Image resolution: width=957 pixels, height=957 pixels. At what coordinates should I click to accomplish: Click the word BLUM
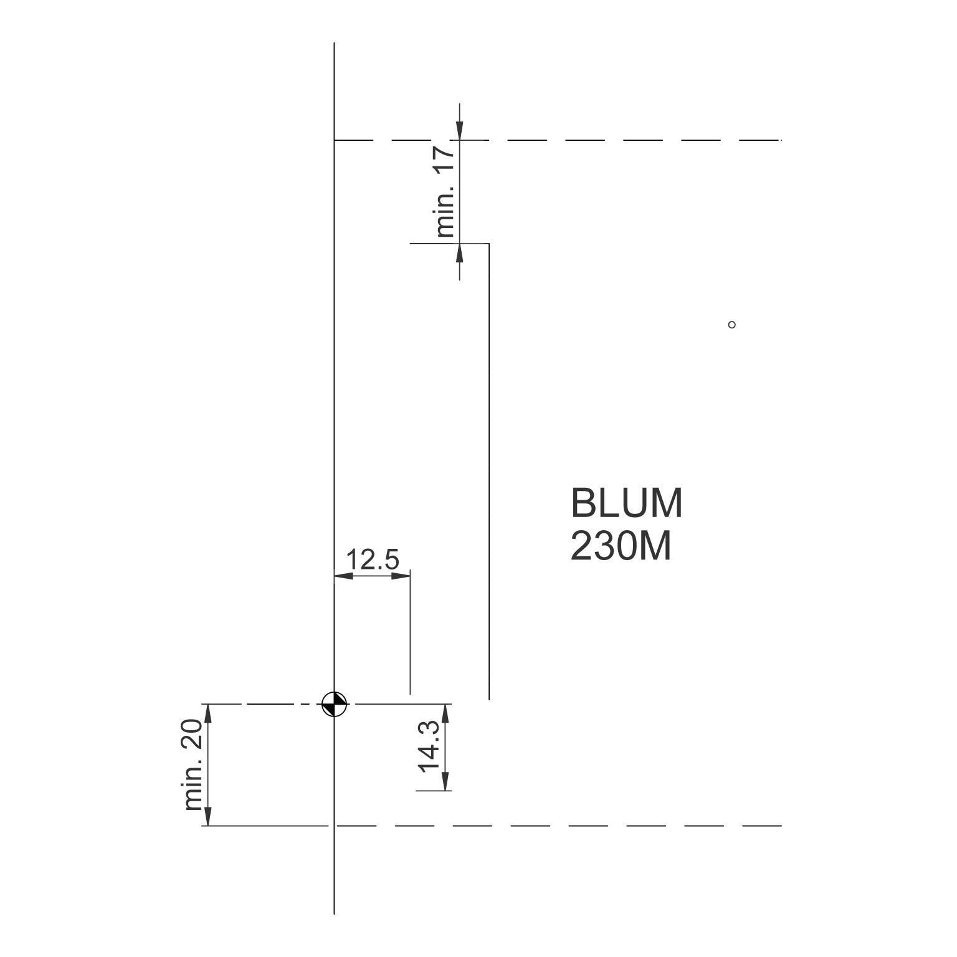tap(627, 503)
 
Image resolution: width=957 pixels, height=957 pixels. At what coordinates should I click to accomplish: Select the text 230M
tap(621, 547)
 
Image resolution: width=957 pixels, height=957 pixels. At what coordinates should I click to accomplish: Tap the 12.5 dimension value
tap(372, 559)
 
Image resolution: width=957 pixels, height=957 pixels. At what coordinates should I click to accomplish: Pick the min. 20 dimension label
tap(194, 764)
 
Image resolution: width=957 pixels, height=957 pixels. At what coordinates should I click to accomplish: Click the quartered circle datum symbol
tap(335, 705)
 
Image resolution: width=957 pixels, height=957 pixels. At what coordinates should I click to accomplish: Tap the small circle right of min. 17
tap(732, 325)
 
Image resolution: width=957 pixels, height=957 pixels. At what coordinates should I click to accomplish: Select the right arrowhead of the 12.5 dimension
tap(401, 576)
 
